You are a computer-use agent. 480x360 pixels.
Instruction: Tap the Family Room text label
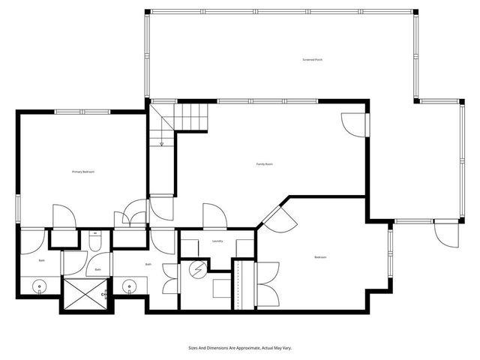[264, 163]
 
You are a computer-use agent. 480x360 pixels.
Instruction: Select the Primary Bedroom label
[82, 172]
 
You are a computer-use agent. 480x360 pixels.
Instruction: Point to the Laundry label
[217, 241]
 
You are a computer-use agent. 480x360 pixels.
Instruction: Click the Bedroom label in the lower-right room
[320, 257]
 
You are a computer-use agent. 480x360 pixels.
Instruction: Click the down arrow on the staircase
[161, 142]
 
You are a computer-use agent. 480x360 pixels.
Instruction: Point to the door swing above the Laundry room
[214, 216]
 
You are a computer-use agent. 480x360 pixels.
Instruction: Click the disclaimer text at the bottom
[239, 347]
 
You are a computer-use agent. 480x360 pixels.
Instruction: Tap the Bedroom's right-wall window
[389, 255]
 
